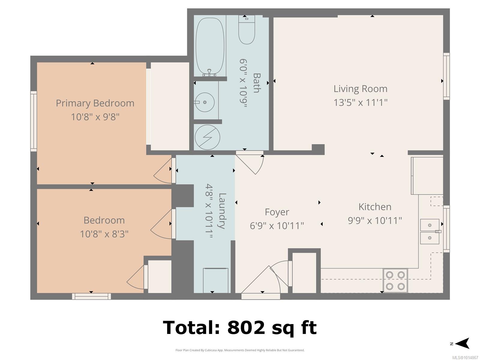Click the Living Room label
(360, 89)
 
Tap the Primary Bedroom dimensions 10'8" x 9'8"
(95, 117)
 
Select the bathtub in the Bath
(210, 47)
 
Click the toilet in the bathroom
(247, 30)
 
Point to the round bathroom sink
(205, 102)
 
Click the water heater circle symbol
(207, 137)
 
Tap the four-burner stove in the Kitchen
(395, 280)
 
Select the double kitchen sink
(430, 232)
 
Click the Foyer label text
(277, 212)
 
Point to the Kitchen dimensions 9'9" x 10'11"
(375, 220)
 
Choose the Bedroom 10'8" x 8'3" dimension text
(104, 234)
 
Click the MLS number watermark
(465, 358)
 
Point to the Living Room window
(446, 76)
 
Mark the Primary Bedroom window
(34, 121)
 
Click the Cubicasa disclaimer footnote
(240, 350)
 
